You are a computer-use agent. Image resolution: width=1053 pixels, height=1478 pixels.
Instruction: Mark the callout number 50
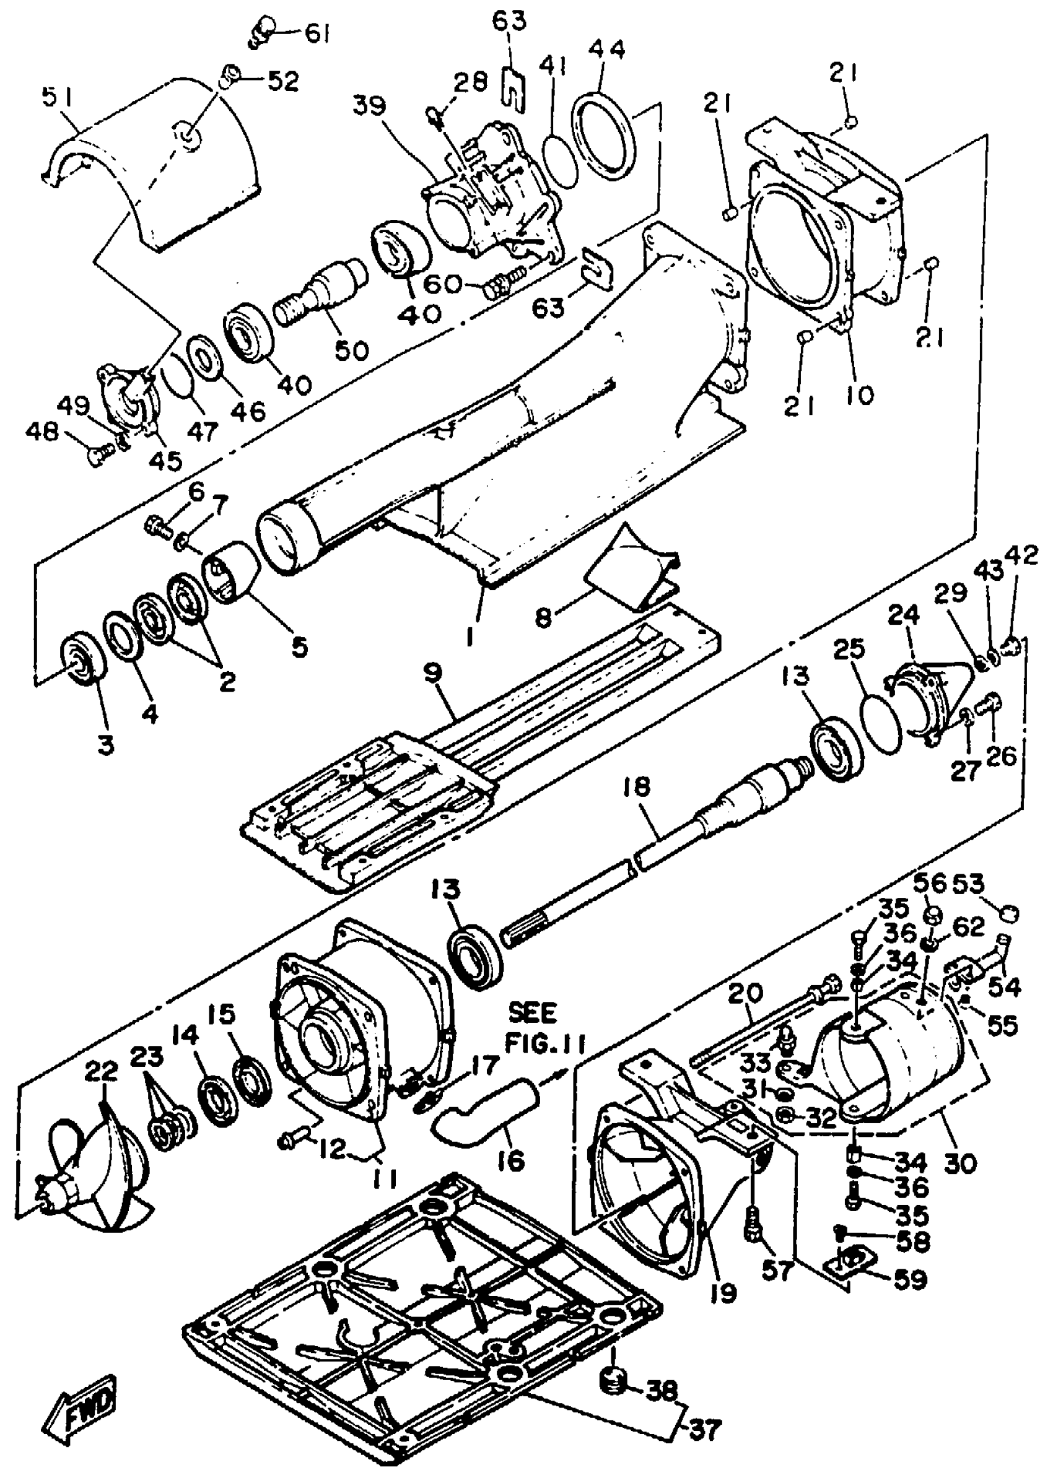coord(351,349)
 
